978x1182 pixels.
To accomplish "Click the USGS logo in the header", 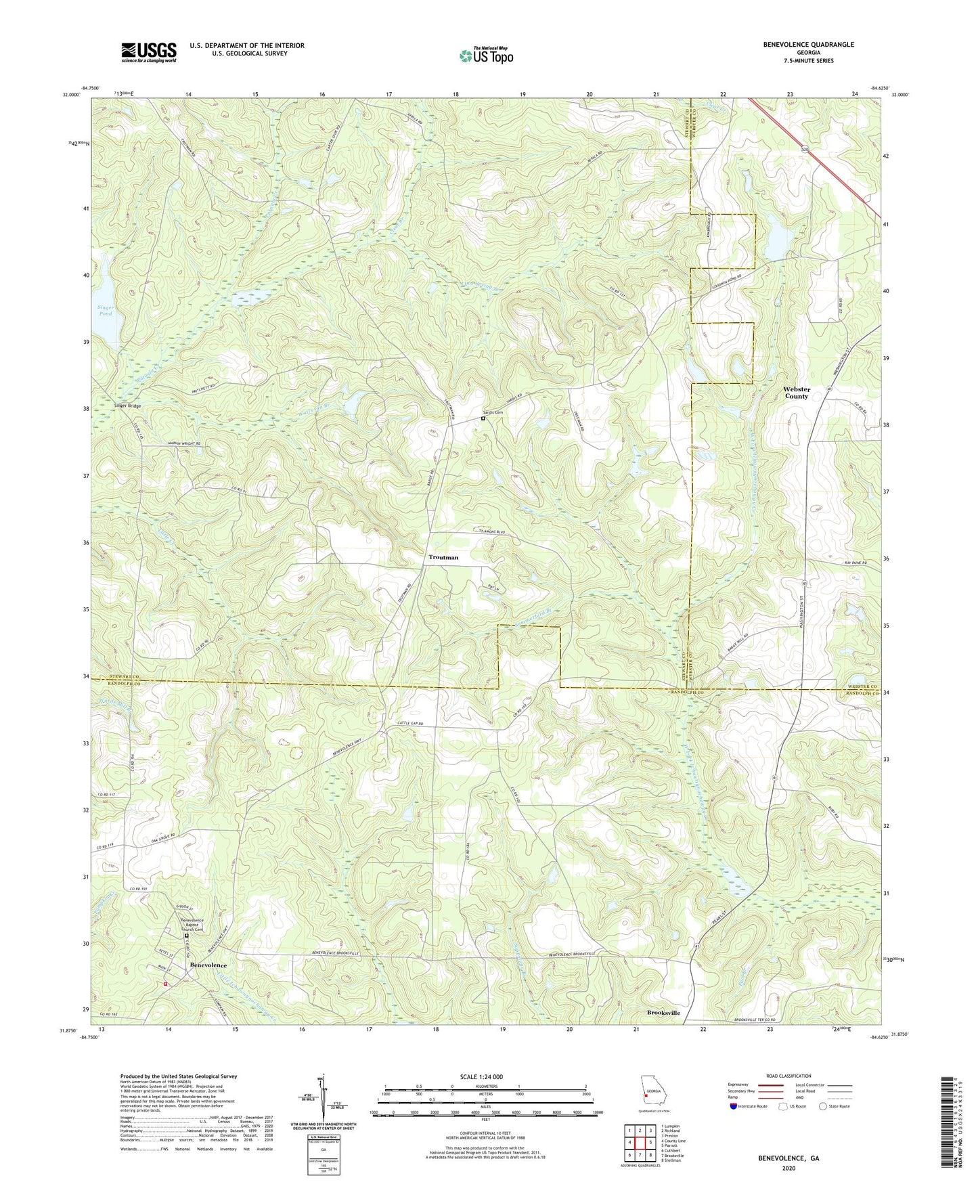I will click(x=149, y=52).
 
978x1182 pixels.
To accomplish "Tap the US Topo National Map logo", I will click(x=485, y=56).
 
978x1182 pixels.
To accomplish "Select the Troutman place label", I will click(x=443, y=557).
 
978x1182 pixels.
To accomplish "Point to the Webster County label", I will click(x=796, y=393).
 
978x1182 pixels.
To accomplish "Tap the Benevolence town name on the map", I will click(x=208, y=964).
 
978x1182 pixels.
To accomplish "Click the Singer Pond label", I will click(x=106, y=311).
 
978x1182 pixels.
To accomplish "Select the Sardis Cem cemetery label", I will click(x=493, y=412).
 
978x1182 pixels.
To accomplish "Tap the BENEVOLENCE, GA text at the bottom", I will click(x=788, y=1158).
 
